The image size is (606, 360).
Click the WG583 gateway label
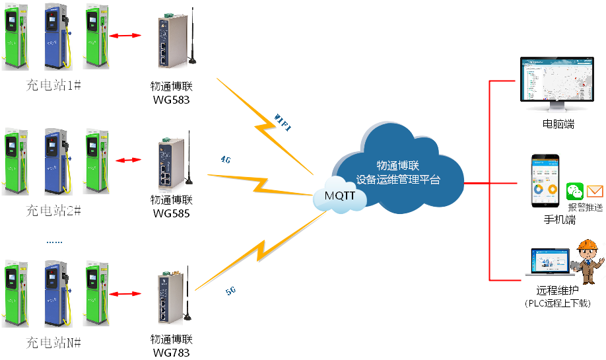click(x=171, y=100)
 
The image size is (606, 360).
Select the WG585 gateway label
click(x=171, y=213)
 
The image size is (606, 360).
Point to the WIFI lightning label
click(x=282, y=122)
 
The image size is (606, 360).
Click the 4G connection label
click(x=226, y=159)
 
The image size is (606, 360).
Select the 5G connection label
click(x=231, y=290)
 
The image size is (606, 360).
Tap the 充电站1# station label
click(x=53, y=86)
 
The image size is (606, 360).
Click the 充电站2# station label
click(x=53, y=211)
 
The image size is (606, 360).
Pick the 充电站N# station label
click(x=53, y=343)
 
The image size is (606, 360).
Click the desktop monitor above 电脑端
click(x=558, y=83)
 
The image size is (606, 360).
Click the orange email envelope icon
click(x=595, y=192)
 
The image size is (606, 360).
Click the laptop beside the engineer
click(x=547, y=263)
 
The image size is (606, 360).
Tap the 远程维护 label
click(x=557, y=291)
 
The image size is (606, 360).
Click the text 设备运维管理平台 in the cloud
click(x=398, y=180)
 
